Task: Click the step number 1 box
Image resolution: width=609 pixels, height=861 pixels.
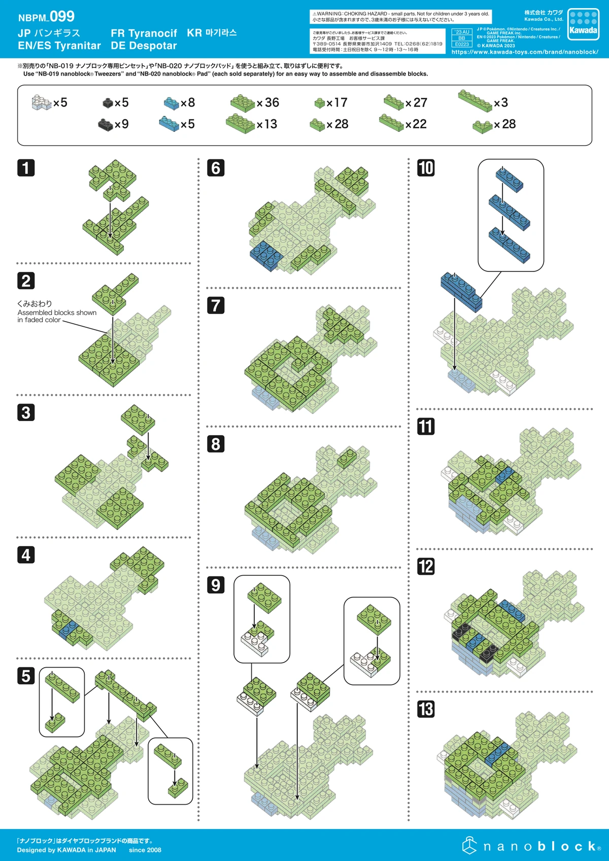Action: (x=26, y=168)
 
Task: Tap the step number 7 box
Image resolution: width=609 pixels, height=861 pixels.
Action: (x=216, y=305)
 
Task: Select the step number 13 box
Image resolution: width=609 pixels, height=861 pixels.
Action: (x=426, y=709)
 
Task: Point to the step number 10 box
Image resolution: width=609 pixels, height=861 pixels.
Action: (x=426, y=168)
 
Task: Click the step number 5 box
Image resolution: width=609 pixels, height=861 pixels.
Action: (x=26, y=676)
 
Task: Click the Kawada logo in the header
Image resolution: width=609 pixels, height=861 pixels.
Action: (x=583, y=24)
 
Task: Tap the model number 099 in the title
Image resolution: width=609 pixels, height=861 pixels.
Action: (x=62, y=17)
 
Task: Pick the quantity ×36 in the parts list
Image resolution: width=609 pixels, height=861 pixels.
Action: (x=268, y=102)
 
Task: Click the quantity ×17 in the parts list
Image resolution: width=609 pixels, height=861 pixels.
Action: (x=337, y=102)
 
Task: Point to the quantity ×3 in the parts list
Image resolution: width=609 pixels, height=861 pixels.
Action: (x=501, y=102)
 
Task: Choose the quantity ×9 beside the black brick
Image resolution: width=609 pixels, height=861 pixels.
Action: (x=121, y=124)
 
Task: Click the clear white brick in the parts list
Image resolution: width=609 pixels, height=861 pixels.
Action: (x=42, y=102)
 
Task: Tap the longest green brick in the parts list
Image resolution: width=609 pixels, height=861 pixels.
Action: (x=475, y=100)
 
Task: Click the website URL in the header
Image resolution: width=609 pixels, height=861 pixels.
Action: (x=525, y=52)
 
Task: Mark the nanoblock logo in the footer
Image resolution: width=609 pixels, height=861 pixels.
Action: (x=531, y=846)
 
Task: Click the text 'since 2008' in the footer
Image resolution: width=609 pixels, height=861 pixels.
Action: (x=145, y=850)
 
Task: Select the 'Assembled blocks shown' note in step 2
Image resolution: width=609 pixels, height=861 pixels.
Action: (x=57, y=313)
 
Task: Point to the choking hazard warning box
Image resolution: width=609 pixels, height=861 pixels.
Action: (x=401, y=17)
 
